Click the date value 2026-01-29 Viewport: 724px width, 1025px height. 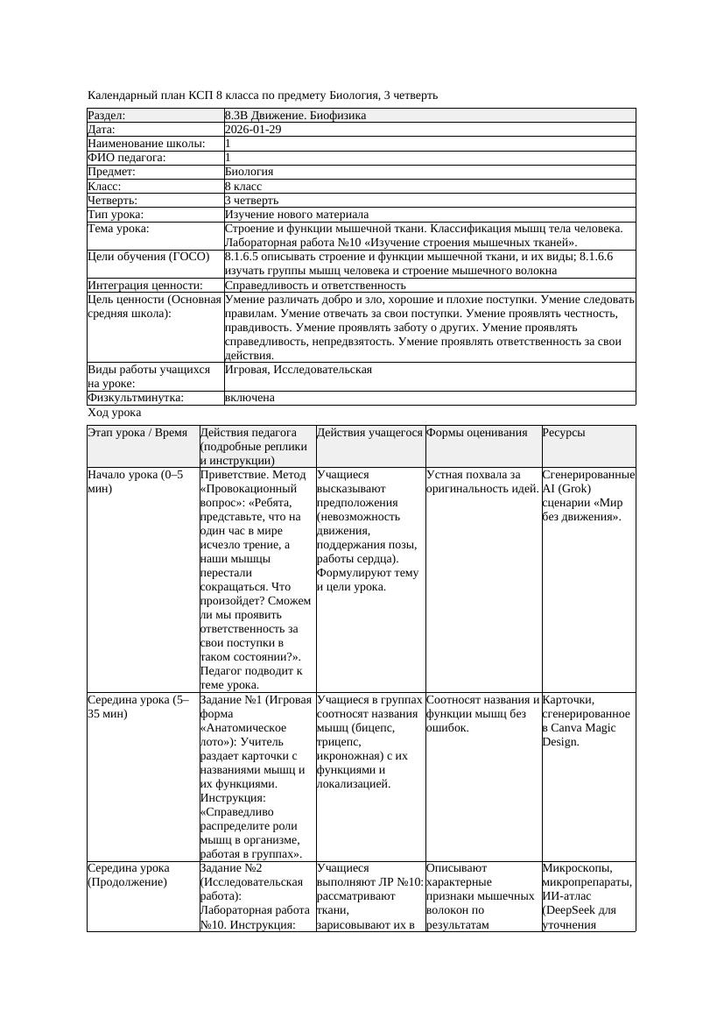(253, 130)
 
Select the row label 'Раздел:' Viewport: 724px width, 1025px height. (107, 116)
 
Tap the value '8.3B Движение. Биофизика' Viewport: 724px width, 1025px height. (295, 116)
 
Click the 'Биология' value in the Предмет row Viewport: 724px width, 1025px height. (249, 172)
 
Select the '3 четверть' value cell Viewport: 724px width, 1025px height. (251, 201)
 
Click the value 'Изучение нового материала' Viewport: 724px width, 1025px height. (297, 215)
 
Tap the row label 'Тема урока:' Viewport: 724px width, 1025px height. (119, 229)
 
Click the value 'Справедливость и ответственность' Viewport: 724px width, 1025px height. (315, 286)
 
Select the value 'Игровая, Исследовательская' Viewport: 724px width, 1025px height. (299, 370)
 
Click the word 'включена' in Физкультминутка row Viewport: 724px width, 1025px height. (250, 398)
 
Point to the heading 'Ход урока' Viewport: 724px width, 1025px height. (115, 413)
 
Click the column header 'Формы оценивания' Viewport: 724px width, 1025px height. (477, 433)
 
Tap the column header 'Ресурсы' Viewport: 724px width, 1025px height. (564, 433)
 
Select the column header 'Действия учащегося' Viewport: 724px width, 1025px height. (369, 433)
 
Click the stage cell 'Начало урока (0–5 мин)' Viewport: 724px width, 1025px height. (136, 482)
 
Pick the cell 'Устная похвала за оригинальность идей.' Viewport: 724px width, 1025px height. (482, 482)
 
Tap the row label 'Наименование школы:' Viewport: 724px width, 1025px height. (147, 144)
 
